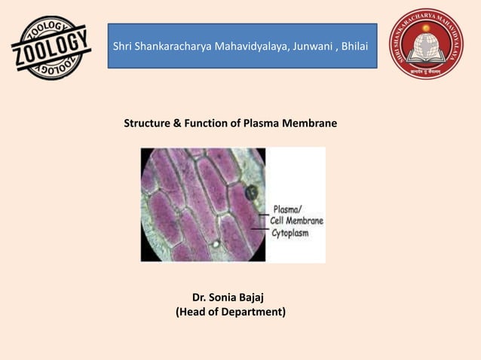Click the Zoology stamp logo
(x=51, y=47)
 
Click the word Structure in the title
(x=148, y=122)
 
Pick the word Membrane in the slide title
(x=311, y=122)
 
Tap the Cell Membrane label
(x=297, y=221)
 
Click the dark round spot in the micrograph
(x=251, y=193)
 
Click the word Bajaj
(x=257, y=296)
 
